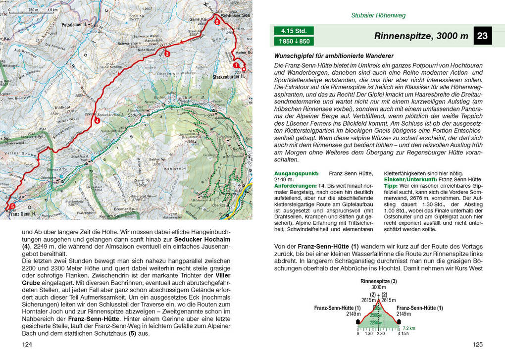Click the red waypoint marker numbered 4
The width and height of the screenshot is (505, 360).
tap(97, 120)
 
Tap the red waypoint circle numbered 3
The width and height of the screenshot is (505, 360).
tap(167, 54)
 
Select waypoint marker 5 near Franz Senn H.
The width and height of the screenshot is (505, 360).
tap(12, 206)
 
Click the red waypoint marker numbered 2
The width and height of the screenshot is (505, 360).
tap(216, 22)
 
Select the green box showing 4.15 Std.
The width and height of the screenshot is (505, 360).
tap(293, 30)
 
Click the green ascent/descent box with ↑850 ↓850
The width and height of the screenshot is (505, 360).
tap(293, 41)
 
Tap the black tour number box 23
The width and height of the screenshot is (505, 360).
tap(482, 36)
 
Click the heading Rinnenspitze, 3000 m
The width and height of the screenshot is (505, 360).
tap(421, 36)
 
